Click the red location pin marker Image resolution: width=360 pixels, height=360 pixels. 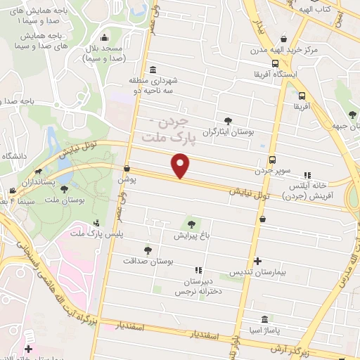point(181,167)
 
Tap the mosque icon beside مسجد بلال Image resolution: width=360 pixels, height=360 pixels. point(105,39)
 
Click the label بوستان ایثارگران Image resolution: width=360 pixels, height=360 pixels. point(228,131)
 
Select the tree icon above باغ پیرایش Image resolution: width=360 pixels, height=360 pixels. point(190,224)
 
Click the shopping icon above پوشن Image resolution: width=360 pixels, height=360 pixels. point(127,169)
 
